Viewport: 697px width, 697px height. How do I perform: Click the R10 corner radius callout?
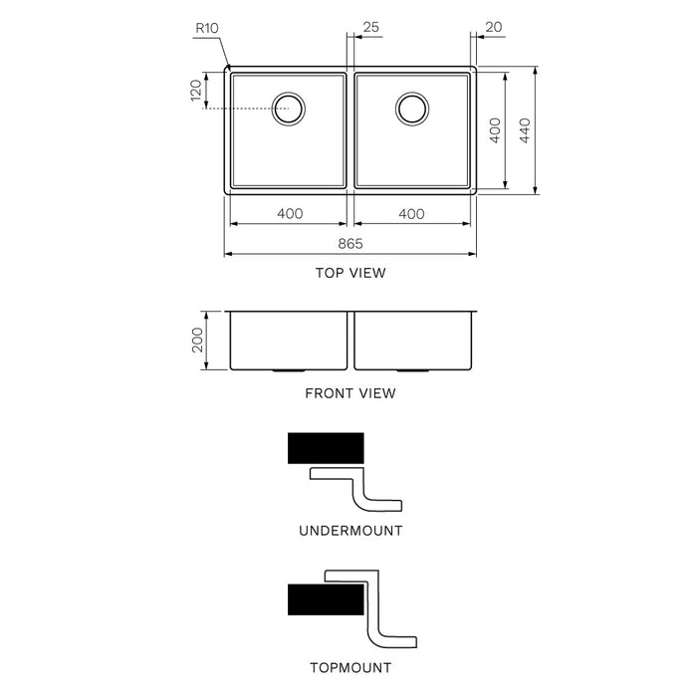207,29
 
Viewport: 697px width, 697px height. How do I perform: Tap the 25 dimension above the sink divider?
370,27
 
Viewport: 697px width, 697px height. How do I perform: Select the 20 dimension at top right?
494,27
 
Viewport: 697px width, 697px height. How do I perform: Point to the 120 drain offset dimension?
196,91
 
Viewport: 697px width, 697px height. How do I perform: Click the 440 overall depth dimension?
525,130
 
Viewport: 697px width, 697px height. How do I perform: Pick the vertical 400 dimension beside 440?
495,130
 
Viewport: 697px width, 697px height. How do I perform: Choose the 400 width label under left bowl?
290,214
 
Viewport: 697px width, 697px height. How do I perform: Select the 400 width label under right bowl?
411,214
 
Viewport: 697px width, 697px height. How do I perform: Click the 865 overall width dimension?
350,244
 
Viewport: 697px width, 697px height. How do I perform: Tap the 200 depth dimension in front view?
197,341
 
